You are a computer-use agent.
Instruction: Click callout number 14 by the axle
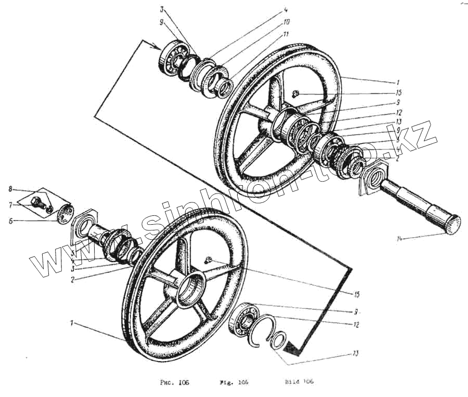400,239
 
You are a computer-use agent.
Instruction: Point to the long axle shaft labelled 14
419,206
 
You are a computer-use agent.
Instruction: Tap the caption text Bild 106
299,382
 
